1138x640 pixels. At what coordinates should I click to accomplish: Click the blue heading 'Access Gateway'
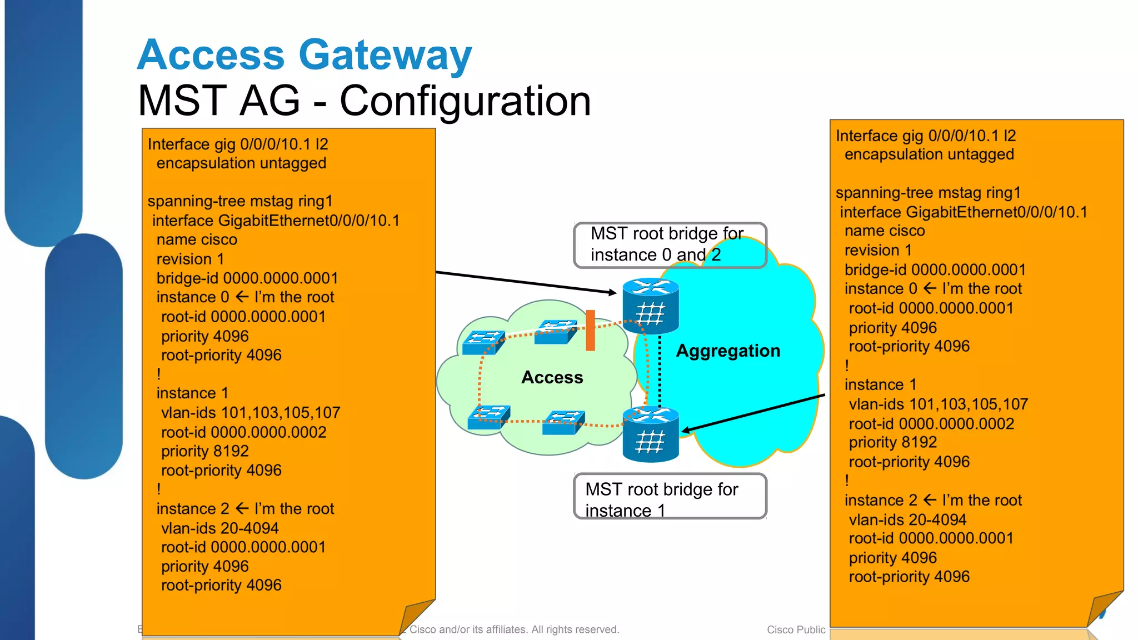[304, 55]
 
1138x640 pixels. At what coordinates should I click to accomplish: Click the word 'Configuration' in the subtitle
[465, 101]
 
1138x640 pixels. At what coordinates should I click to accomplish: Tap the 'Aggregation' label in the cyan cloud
[728, 351]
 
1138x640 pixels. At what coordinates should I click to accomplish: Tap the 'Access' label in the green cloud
[552, 378]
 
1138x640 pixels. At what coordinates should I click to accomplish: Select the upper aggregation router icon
[650, 306]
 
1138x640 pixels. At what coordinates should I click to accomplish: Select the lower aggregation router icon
[650, 434]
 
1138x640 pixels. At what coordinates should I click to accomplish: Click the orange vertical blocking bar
[590, 331]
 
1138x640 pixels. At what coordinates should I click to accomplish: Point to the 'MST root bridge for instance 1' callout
[670, 497]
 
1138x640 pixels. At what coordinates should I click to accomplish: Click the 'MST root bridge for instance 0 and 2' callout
[670, 244]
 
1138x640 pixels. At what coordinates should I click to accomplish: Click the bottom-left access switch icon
[488, 417]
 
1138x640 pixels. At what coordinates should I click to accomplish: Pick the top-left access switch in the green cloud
[483, 342]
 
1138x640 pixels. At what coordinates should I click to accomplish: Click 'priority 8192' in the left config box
[204, 451]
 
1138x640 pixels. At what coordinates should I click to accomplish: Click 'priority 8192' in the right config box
[892, 442]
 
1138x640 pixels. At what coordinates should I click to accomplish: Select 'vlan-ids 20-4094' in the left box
[219, 528]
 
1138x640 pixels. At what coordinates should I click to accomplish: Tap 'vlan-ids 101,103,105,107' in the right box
[938, 404]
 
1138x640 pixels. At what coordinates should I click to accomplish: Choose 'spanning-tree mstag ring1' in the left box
[240, 201]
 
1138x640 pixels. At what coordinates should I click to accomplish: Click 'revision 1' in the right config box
[878, 251]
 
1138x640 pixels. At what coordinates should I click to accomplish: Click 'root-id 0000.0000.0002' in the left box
[243, 432]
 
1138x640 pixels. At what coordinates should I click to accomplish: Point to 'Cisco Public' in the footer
[796, 629]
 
